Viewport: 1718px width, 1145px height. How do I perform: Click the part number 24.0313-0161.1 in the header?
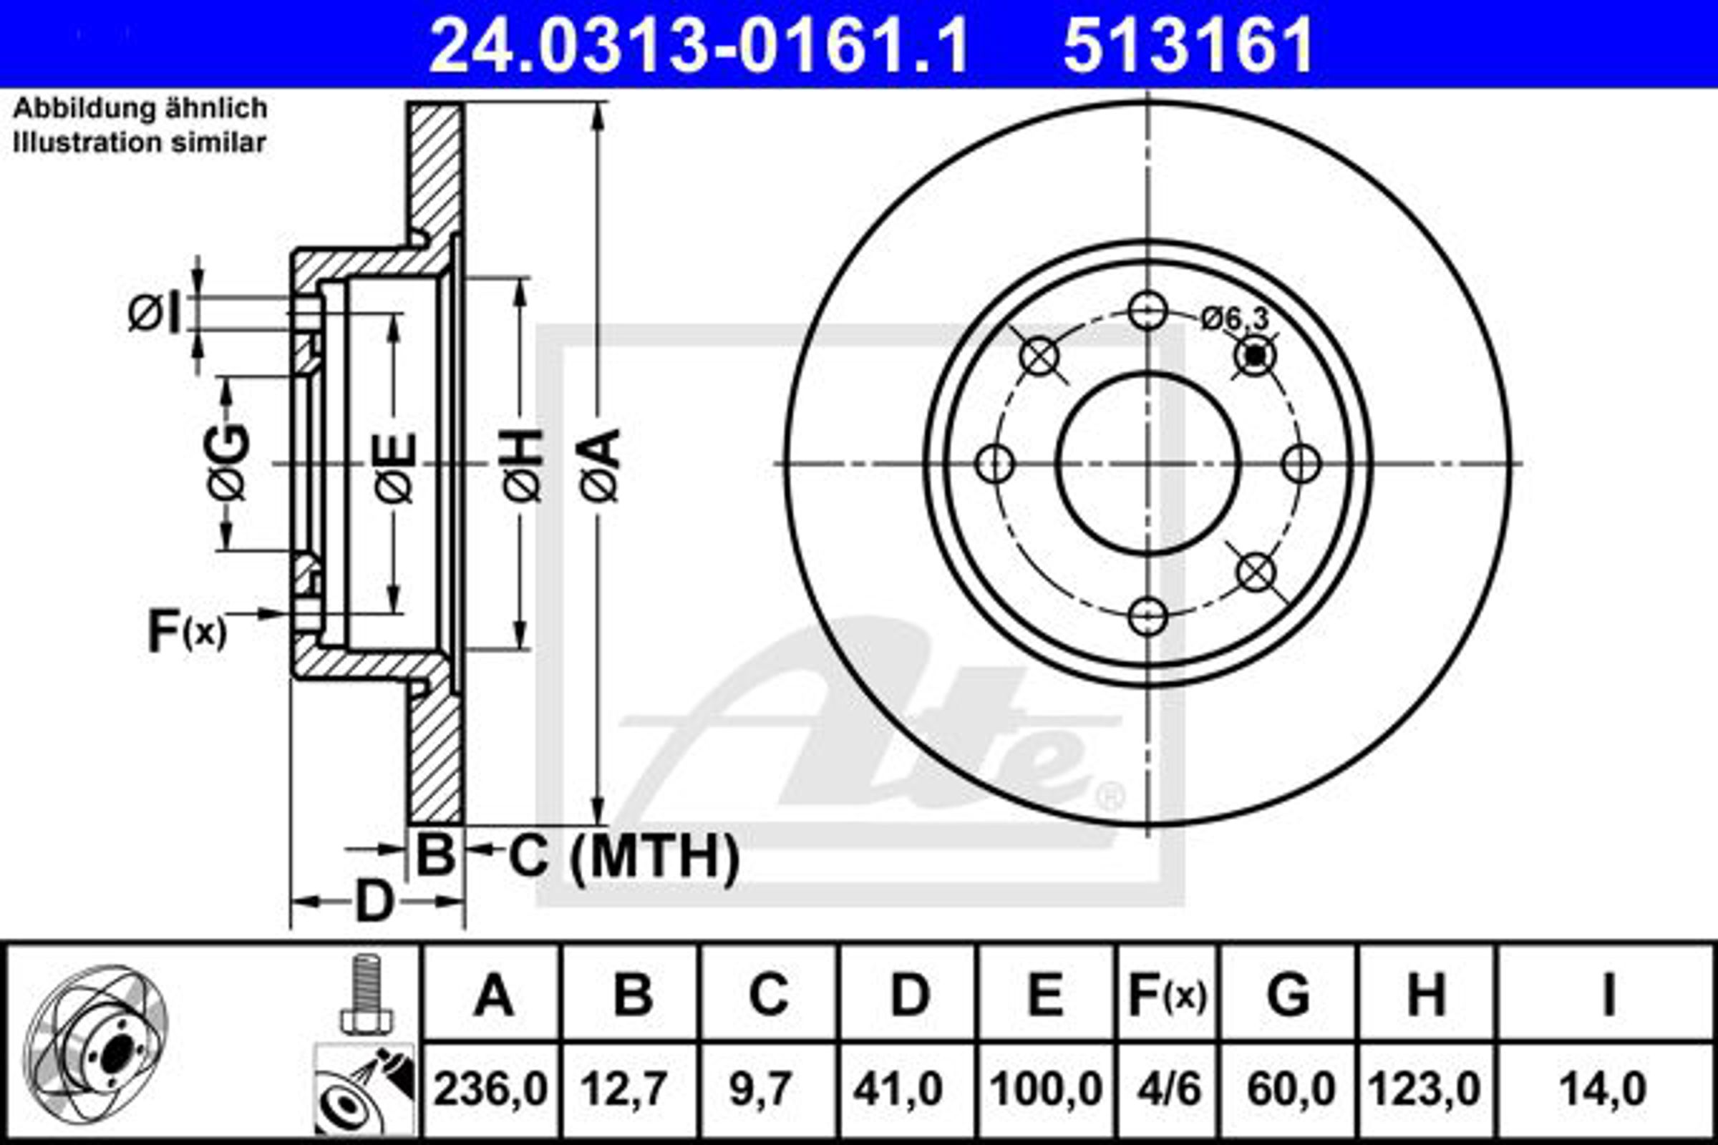700,45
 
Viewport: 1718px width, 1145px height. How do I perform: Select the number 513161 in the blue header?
1188,45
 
